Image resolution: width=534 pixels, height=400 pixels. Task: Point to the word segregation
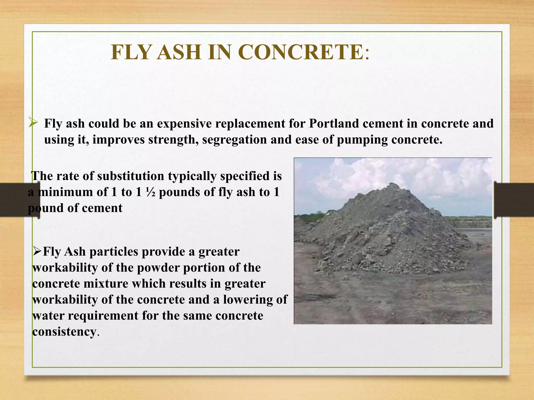pyautogui.click(x=234, y=140)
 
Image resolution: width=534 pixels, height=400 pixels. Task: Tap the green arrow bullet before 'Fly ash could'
pyautogui.click(x=33, y=122)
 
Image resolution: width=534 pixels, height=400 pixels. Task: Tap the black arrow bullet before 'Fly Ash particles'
pyautogui.click(x=37, y=252)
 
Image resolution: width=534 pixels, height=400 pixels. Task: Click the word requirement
pyautogui.click(x=103, y=316)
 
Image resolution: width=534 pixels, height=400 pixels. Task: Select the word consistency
pyautogui.click(x=64, y=332)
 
